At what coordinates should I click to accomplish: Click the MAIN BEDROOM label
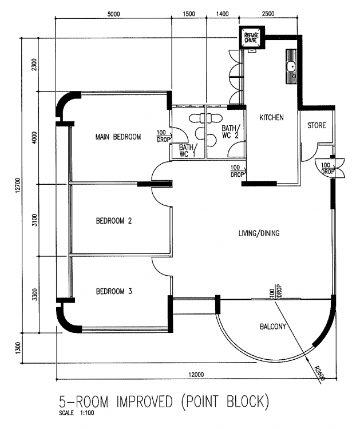click(118, 137)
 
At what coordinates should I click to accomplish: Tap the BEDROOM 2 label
click(114, 220)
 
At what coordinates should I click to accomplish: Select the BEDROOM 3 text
click(114, 291)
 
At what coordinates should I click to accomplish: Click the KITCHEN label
click(271, 117)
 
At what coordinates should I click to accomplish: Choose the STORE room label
click(317, 125)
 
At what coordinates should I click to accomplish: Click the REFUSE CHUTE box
click(251, 38)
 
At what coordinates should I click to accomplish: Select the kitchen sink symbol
click(291, 67)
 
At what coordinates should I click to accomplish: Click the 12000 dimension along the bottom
click(195, 375)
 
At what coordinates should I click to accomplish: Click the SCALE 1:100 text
click(76, 413)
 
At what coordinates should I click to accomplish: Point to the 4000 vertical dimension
click(34, 138)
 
